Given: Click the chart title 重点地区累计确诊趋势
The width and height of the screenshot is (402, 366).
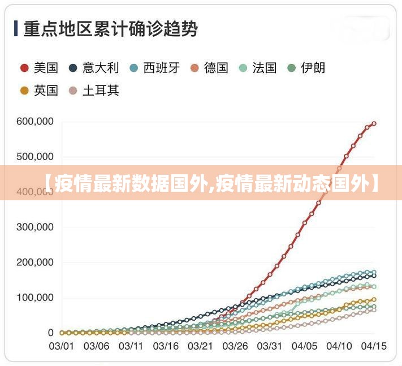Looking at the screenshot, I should (x=110, y=28).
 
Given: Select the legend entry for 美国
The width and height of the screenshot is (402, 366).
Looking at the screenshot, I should (x=40, y=68).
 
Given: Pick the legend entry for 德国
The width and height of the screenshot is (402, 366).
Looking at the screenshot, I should (x=209, y=68).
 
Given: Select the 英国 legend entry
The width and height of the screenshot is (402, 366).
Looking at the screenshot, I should (x=40, y=90).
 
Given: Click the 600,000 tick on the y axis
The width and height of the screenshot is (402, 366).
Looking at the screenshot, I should (x=35, y=122).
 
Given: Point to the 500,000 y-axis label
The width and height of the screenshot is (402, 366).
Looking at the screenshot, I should (x=35, y=157).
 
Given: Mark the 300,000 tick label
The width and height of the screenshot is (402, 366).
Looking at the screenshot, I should (x=35, y=227).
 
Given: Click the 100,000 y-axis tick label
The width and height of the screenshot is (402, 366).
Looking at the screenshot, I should (x=35, y=298).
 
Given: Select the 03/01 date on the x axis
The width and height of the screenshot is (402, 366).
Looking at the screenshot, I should (x=60, y=345).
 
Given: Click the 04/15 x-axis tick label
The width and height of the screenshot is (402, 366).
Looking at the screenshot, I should (x=373, y=345).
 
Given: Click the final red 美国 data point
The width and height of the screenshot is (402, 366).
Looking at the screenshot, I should (x=374, y=123).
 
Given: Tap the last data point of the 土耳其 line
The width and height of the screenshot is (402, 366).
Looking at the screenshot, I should (x=374, y=309).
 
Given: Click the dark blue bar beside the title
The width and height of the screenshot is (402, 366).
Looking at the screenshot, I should (x=16, y=28).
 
